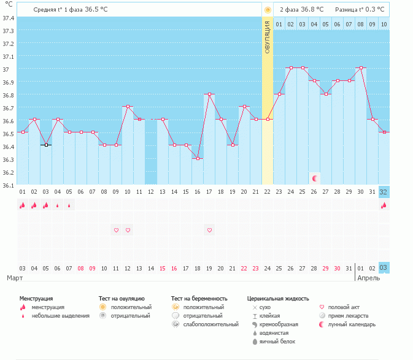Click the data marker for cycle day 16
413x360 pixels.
click(198, 158)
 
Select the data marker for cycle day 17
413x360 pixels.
click(209, 94)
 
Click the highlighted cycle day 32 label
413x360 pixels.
click(384, 192)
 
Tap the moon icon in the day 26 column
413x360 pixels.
click(315, 178)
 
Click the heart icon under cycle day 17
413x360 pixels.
click(209, 230)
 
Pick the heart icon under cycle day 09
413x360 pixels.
click(116, 230)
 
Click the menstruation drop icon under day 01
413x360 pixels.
click(22, 205)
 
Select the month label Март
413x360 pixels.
click(14, 278)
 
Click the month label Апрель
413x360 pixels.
click(368, 278)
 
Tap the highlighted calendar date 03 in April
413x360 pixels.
click(384, 268)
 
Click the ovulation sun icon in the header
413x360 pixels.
click(268, 10)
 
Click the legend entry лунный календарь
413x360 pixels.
click(352, 324)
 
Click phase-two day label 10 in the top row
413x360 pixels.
click(384, 24)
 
